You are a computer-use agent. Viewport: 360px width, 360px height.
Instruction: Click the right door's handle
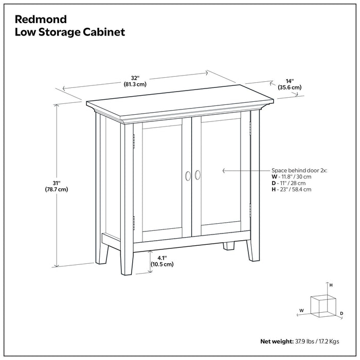point(197,175)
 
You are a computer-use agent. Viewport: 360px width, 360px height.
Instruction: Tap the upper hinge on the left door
point(134,139)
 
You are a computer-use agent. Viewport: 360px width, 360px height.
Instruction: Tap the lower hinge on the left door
point(134,222)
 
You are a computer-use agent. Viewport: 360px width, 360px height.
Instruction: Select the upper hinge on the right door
point(250,124)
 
